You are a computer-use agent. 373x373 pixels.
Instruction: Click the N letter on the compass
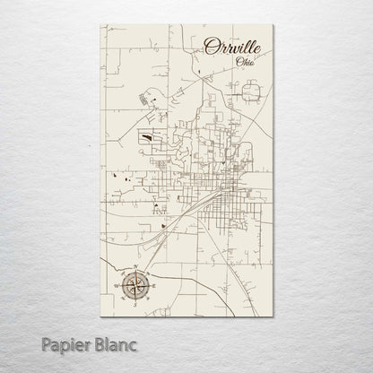pyautogui.click(x=133, y=268)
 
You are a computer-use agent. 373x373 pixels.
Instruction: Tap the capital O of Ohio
pyautogui.click(x=238, y=62)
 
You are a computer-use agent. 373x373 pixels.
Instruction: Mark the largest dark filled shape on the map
pyautogui.click(x=146, y=138)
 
